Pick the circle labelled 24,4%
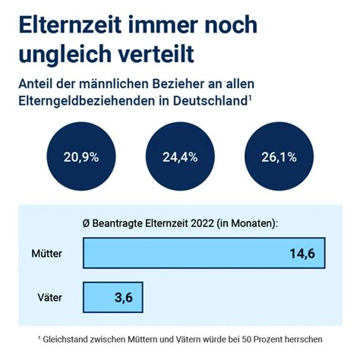(180, 157)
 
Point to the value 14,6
(302, 253)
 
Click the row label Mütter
(48, 252)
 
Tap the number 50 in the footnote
(254, 338)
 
